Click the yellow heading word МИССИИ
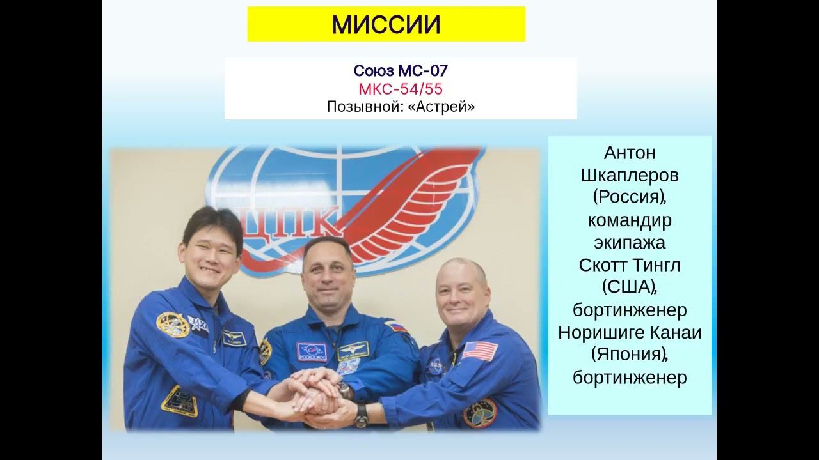[386, 25]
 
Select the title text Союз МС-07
[400, 71]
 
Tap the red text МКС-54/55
[401, 89]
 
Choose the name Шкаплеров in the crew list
[630, 176]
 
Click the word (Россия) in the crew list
[628, 198]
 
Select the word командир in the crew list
[630, 220]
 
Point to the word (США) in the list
[628, 287]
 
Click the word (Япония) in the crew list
[628, 355]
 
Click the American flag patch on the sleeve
[480, 351]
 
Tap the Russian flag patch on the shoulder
[396, 326]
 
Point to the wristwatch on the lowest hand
[362, 415]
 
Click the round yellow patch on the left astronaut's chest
[172, 325]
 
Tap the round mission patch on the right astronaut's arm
[479, 413]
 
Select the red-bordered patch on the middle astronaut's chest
[311, 352]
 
